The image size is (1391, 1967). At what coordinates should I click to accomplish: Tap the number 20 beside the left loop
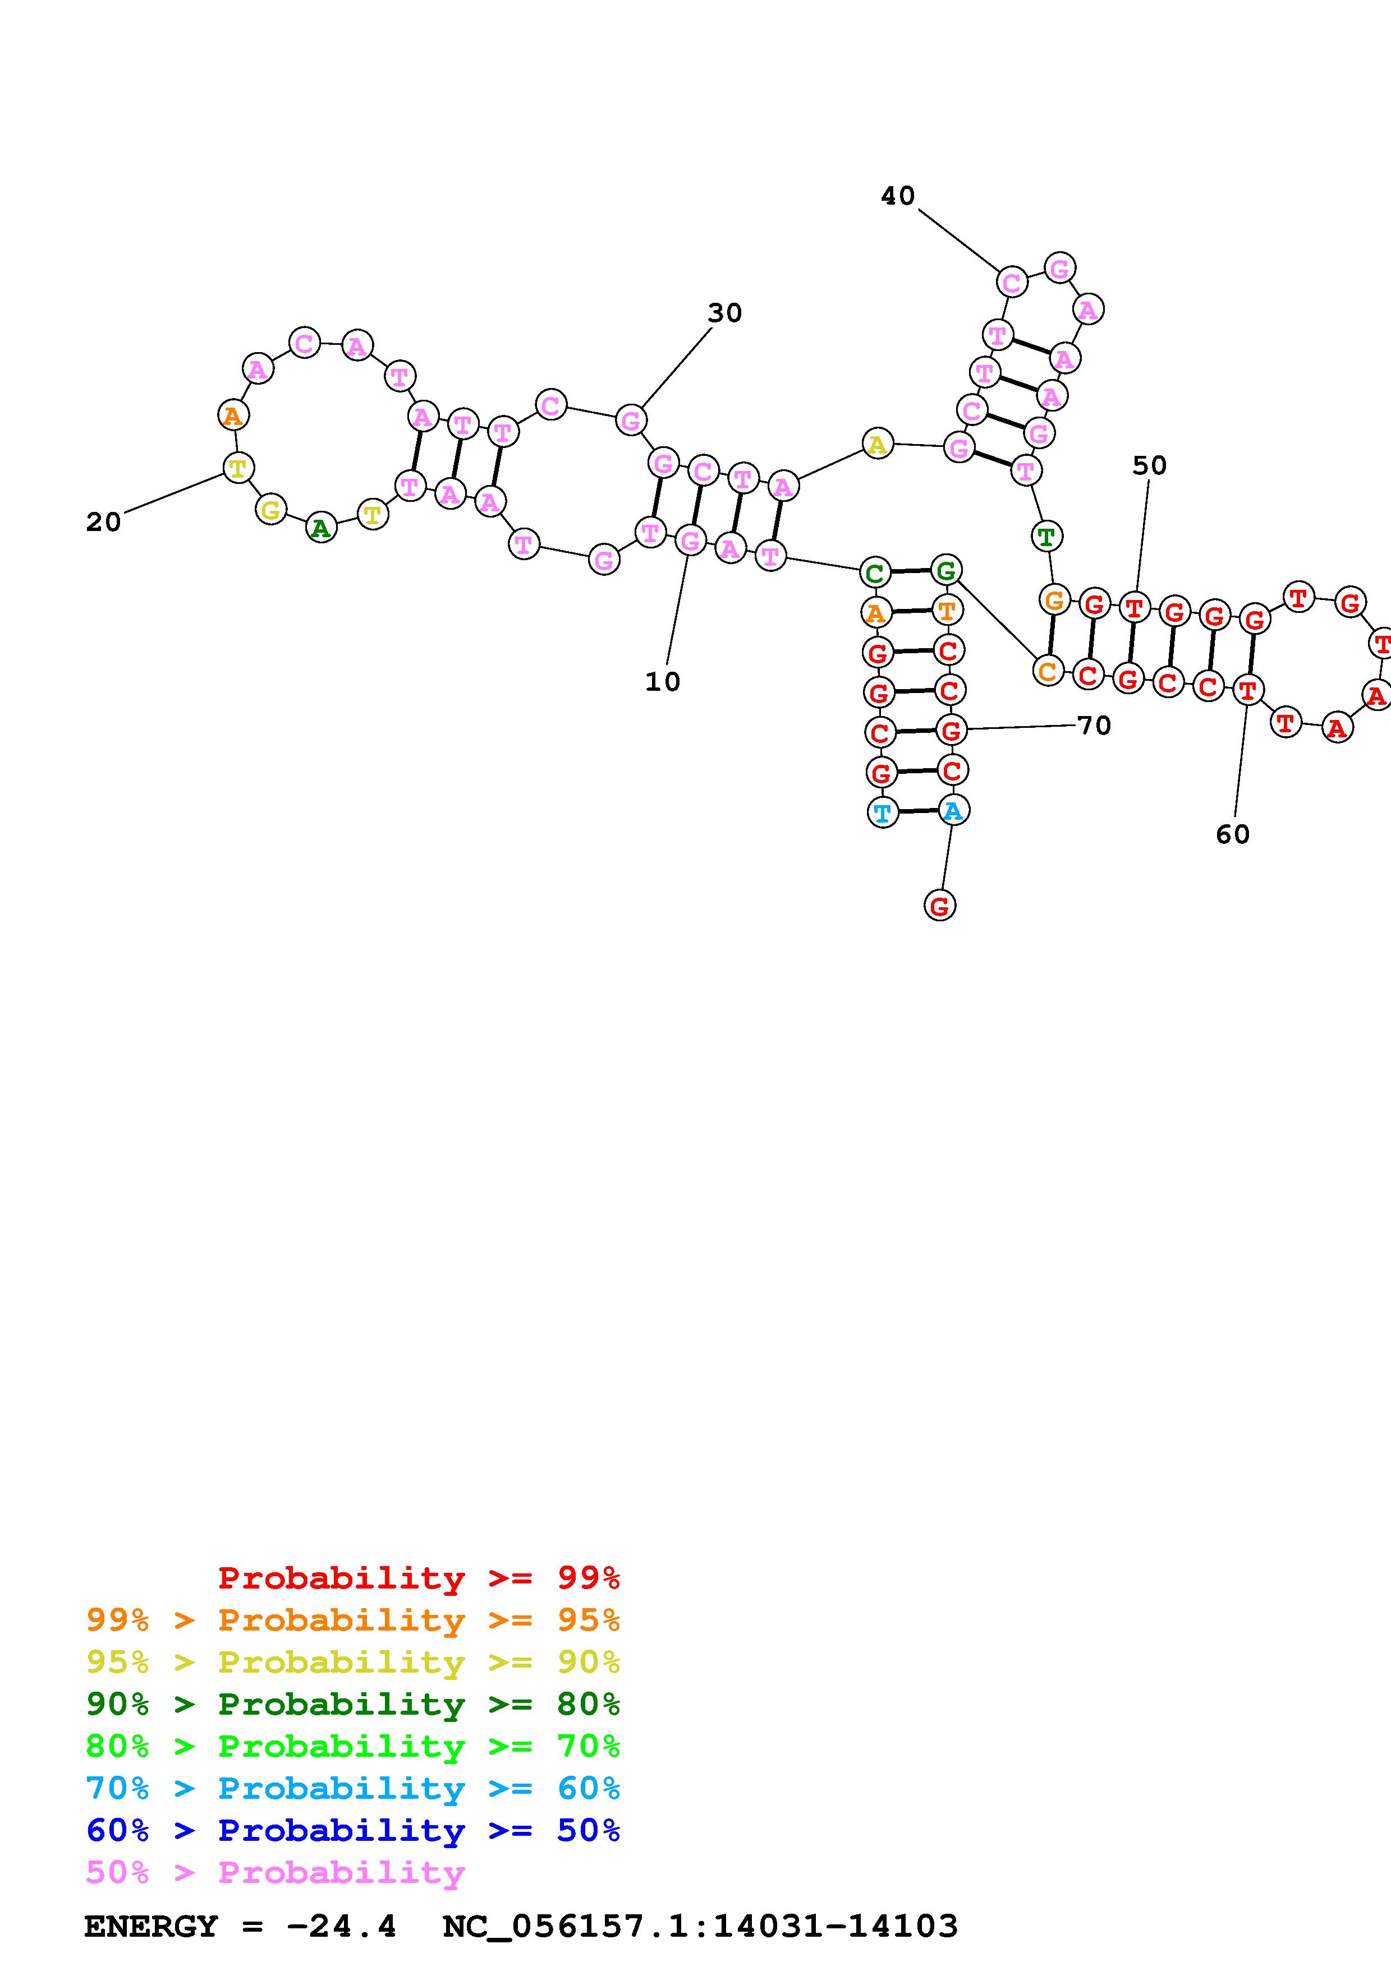pos(104,521)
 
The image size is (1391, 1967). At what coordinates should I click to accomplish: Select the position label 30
pos(724,313)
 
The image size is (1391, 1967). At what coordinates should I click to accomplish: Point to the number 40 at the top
pos(897,196)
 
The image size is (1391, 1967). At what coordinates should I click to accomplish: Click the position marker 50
pos(1149,465)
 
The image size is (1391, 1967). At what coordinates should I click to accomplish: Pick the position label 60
pos(1232,834)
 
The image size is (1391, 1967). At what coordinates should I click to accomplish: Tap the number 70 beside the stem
pos(1094,726)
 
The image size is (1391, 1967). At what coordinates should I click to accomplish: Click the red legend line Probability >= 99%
pos(419,1577)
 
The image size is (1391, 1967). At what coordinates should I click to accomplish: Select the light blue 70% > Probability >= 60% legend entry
pos(352,1788)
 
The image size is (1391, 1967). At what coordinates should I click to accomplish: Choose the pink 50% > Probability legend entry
pos(275,1872)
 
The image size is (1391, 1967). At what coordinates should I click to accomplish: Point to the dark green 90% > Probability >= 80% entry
pos(352,1704)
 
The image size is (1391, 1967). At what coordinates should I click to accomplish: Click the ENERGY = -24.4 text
pos(240,1926)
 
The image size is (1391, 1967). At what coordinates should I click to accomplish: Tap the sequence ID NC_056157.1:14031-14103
pos(699,1926)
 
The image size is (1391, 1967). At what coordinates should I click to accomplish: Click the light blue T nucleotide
pos(882,812)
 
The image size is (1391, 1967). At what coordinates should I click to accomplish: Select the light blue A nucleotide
pos(952,810)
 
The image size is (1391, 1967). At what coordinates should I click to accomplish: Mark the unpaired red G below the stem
pos(939,906)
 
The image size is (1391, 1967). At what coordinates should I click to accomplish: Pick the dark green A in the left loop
pos(320,528)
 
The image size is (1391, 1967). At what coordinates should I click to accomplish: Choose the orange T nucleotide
pos(946,610)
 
